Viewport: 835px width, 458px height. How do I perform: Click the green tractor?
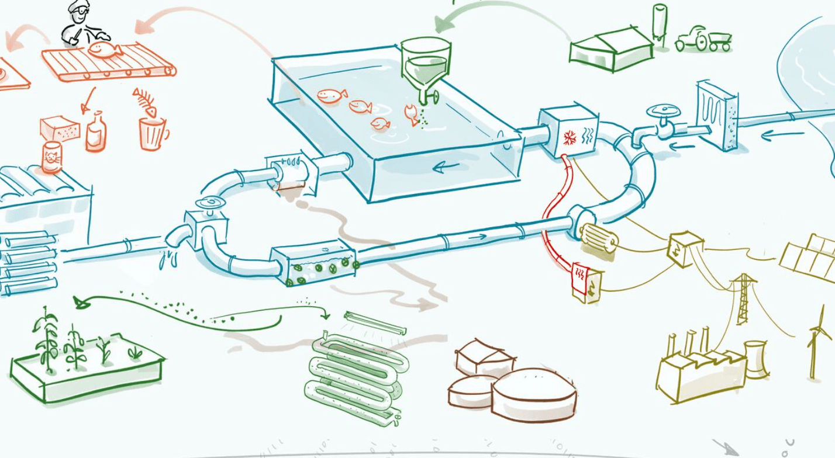point(702,39)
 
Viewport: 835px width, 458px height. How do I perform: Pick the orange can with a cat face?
point(52,157)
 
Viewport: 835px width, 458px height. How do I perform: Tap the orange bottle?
point(95,133)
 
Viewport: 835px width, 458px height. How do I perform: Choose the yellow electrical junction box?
point(684,249)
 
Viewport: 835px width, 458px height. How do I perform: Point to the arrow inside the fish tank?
point(446,168)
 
